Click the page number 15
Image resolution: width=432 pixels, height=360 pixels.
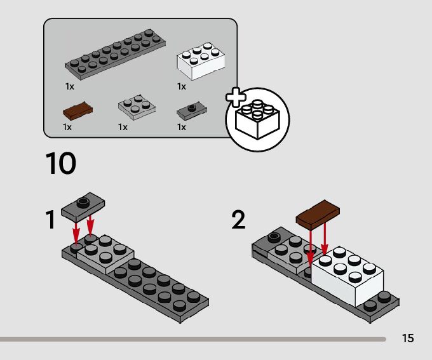(x=408, y=338)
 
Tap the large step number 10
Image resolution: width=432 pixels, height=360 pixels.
(x=60, y=163)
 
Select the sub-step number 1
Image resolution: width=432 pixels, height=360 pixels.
(x=51, y=219)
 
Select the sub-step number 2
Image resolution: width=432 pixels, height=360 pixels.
(x=238, y=219)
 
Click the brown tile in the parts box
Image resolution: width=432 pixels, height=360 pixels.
(x=78, y=110)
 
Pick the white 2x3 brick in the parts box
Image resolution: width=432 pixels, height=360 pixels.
(x=201, y=61)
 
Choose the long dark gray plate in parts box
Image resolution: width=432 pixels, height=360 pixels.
(x=115, y=54)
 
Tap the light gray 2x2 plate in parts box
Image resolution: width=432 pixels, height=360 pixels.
(x=137, y=107)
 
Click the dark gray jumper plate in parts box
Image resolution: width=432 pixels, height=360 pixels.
(x=192, y=110)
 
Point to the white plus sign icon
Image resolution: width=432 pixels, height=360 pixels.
(x=236, y=97)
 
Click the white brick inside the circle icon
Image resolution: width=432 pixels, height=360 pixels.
(x=257, y=119)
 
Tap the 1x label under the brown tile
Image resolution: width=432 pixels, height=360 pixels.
(x=67, y=127)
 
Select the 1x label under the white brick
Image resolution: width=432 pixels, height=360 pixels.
(x=182, y=86)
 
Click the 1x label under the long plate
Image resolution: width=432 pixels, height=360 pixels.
(x=70, y=86)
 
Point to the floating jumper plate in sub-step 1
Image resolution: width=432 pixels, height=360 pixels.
(x=83, y=206)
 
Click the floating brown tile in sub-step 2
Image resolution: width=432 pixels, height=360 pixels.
(x=318, y=215)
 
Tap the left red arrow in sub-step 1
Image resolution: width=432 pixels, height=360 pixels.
(x=76, y=232)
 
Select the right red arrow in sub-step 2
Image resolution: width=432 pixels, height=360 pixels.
(x=325, y=239)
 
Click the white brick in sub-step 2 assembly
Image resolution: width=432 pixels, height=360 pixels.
(x=348, y=276)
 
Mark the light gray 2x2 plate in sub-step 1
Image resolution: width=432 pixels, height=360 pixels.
(x=105, y=254)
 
